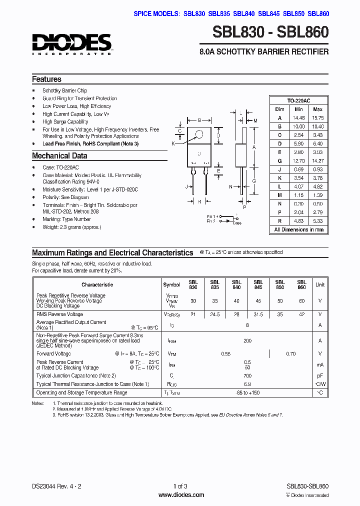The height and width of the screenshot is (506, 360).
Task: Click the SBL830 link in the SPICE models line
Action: click(194, 13)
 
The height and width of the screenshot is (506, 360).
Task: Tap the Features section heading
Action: click(46, 79)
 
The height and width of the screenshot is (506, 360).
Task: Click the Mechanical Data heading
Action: click(59, 156)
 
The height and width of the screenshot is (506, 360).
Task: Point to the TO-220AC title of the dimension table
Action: click(299, 100)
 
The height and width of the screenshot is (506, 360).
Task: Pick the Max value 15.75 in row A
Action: click(317, 118)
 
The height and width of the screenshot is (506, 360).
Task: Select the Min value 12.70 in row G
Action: click(298, 161)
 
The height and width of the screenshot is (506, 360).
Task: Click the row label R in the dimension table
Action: click(279, 220)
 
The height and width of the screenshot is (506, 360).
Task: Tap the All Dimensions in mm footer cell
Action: click(299, 230)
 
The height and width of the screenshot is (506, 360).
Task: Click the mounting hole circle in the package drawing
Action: click(199, 133)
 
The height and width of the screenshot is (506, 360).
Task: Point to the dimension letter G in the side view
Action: click(254, 180)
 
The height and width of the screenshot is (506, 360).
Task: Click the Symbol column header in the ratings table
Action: click(171, 284)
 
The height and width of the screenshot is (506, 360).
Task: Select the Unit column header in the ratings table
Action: click(319, 284)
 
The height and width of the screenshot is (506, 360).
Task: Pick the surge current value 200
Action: click(247, 340)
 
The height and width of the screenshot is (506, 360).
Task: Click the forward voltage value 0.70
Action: click(291, 354)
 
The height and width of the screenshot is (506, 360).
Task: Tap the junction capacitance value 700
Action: click(247, 375)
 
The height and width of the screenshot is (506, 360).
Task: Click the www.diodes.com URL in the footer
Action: click(180, 495)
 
